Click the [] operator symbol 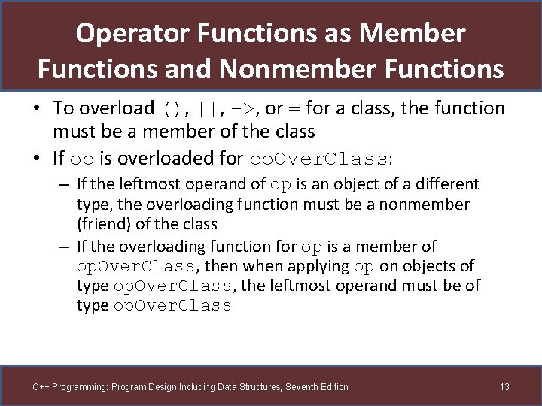tap(209, 109)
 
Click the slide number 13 tap(504, 387)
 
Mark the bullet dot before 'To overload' tap(37, 109)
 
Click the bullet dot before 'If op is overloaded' tap(37, 159)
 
